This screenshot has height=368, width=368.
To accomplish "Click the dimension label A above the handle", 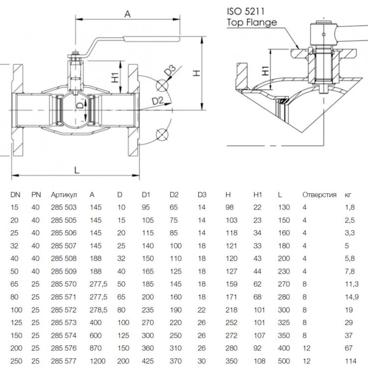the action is (128, 14).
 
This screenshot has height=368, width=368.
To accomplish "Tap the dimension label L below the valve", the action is (77, 170).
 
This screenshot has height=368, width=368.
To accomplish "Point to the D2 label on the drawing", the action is (158, 101).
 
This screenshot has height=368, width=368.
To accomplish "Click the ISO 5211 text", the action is (245, 11).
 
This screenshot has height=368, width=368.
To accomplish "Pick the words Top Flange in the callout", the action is (252, 22).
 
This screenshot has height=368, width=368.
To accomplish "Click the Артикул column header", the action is (64, 195).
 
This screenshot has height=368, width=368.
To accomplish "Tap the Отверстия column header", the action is (319, 195).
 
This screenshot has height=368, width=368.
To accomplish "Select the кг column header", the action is (348, 195).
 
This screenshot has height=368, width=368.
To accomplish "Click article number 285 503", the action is (64, 208).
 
